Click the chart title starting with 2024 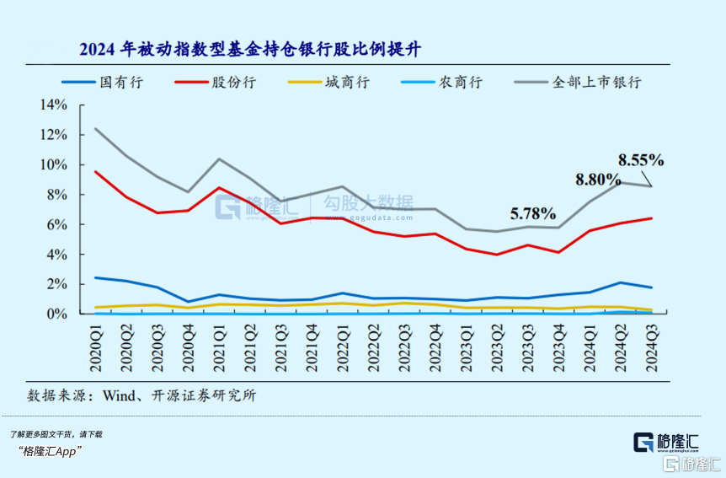click(250, 49)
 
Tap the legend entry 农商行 click(455, 83)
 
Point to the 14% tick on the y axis click(53, 105)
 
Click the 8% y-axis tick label click(56, 195)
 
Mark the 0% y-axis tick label click(56, 314)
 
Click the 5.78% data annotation click(532, 212)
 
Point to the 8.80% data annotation click(599, 179)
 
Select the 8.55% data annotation click(641, 158)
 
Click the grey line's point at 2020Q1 click(95, 129)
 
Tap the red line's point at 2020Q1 click(95, 172)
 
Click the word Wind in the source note click(120, 395)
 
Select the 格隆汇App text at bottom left click(49, 452)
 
